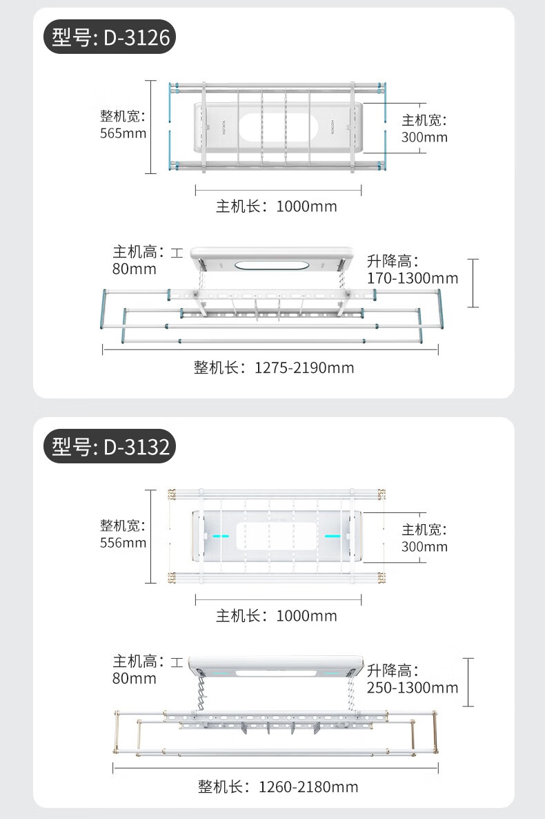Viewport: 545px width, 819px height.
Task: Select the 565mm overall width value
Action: (123, 133)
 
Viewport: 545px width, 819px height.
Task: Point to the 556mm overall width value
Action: (123, 543)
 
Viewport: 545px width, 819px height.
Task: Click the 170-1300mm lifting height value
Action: (413, 278)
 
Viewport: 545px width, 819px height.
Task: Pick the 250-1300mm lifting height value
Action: (413, 688)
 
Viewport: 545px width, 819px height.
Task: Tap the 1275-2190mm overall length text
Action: (304, 367)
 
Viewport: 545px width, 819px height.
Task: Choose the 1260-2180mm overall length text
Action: (308, 787)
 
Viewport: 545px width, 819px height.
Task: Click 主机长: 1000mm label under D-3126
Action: (277, 206)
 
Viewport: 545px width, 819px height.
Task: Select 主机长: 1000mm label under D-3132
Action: (277, 615)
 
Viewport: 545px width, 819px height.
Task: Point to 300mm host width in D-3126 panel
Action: (424, 137)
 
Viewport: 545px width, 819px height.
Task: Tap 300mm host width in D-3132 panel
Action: (424, 547)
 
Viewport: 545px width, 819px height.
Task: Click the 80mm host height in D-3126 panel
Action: (135, 269)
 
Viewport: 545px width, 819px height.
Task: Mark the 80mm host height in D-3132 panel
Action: (135, 679)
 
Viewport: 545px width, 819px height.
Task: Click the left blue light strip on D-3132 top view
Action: (221, 536)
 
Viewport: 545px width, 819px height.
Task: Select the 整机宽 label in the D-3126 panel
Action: (123, 116)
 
